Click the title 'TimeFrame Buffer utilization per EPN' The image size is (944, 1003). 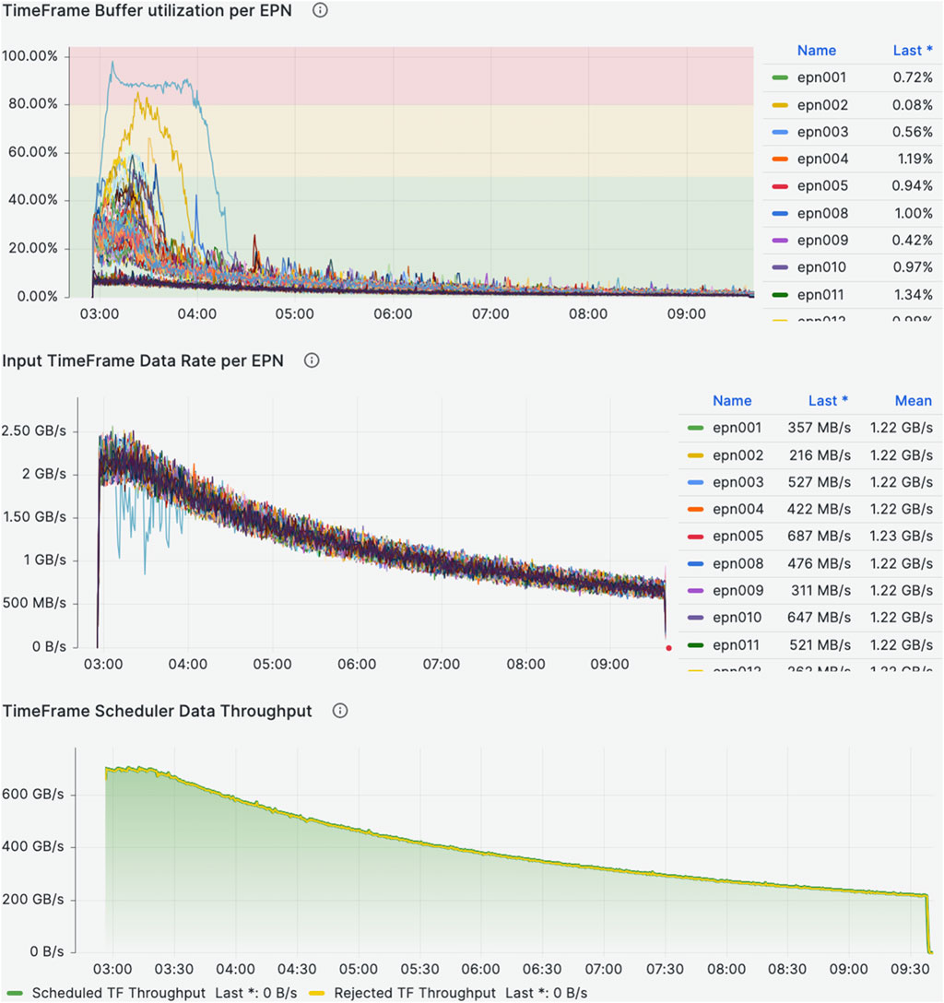(147, 11)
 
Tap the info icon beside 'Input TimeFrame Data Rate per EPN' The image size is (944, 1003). (312, 360)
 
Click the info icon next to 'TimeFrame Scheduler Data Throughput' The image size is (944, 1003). (340, 711)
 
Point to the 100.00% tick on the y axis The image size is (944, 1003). (30, 56)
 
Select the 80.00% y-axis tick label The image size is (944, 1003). (32, 104)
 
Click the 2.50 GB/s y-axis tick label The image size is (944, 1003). (35, 431)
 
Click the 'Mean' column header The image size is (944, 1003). (913, 401)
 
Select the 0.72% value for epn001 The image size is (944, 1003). (912, 78)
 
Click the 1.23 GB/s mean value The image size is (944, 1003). (901, 536)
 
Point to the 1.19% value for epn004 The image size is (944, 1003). (914, 159)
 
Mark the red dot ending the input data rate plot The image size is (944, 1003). (668, 648)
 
